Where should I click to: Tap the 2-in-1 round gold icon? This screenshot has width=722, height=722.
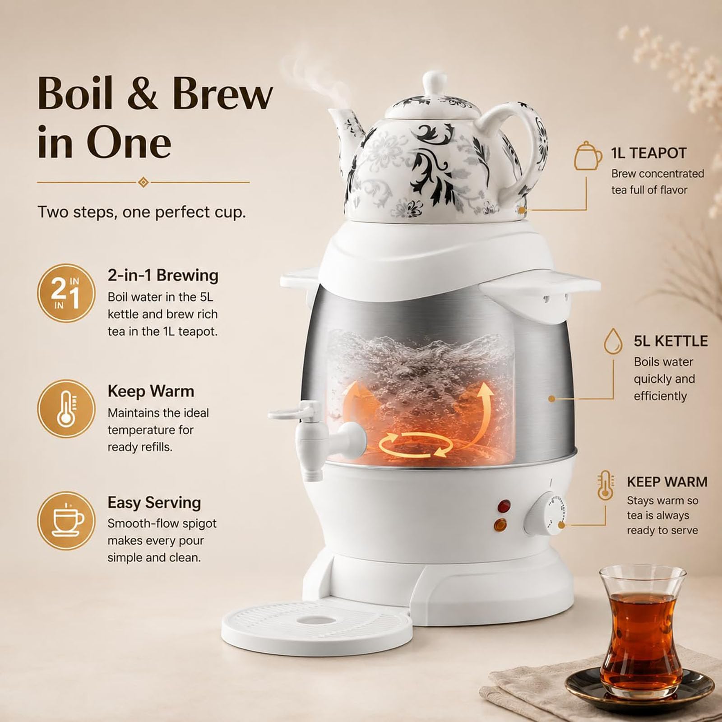(66, 293)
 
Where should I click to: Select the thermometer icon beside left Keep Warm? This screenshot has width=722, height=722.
(66, 409)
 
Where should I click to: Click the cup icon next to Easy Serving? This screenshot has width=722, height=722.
(66, 521)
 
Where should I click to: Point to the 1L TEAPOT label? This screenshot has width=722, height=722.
(649, 153)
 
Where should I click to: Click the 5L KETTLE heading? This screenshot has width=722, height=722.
(671, 341)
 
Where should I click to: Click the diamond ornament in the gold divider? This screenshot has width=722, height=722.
(143, 182)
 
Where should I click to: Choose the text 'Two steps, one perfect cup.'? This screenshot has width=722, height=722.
(142, 212)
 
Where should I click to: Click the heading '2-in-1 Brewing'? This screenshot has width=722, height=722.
(163, 275)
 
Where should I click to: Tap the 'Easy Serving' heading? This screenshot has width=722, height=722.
(154, 502)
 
